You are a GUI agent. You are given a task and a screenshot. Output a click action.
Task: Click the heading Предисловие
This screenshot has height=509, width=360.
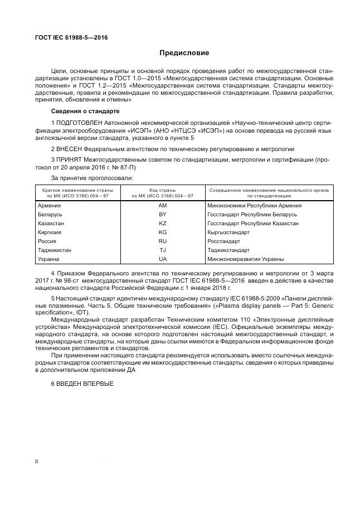tap(184, 54)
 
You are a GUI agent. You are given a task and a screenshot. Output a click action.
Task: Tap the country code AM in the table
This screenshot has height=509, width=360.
tap(163, 206)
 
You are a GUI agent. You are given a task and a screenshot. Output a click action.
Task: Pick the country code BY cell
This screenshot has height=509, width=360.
tap(163, 214)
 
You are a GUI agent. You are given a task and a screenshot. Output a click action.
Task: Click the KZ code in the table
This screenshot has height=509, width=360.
tap(163, 223)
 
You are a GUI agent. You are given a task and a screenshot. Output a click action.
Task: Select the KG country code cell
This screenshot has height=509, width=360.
tap(163, 232)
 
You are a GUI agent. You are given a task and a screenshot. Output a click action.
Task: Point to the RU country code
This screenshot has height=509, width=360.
tap(163, 241)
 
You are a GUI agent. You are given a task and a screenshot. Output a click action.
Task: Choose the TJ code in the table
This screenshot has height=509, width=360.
tap(163, 250)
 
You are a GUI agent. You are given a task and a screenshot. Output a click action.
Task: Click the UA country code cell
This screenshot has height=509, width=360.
tap(163, 259)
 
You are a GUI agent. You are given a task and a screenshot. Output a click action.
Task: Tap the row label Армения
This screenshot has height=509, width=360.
tap(49, 206)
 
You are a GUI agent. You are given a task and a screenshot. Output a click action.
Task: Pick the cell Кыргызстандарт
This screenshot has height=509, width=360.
tap(228, 232)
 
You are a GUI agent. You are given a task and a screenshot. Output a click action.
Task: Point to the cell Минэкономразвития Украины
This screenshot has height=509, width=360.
tap(245, 259)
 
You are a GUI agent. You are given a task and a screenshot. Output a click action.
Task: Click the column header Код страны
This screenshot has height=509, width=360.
tap(163, 190)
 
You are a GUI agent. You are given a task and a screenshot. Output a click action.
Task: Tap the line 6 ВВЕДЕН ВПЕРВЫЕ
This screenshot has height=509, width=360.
tap(82, 384)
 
